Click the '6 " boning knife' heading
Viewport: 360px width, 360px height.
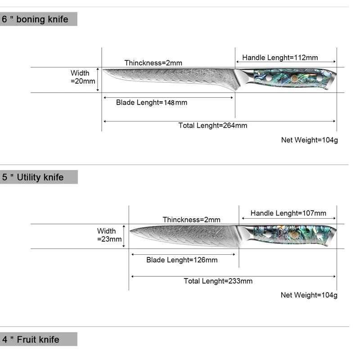(x=36, y=19)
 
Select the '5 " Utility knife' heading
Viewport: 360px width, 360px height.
(x=33, y=177)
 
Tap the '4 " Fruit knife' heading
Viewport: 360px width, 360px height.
(x=31, y=339)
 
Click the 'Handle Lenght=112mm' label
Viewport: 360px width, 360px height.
(x=280, y=58)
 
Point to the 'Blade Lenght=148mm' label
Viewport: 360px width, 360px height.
(x=152, y=103)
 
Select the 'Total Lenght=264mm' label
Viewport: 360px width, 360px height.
(x=213, y=126)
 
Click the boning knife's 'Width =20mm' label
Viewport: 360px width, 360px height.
(x=83, y=77)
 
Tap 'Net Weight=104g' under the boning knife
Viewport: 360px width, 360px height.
(x=309, y=140)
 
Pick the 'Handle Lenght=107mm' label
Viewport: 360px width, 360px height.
(x=288, y=213)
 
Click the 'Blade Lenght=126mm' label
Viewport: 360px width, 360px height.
(x=182, y=260)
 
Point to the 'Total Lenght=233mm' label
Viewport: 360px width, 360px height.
(x=218, y=281)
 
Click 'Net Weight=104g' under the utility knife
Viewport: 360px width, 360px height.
(x=309, y=295)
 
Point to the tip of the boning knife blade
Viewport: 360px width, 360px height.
(x=104, y=70)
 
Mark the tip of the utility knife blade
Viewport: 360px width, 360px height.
(x=131, y=231)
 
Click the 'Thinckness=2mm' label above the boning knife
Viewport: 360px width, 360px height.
(x=153, y=63)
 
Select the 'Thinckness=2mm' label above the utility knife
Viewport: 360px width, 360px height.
(x=191, y=220)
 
